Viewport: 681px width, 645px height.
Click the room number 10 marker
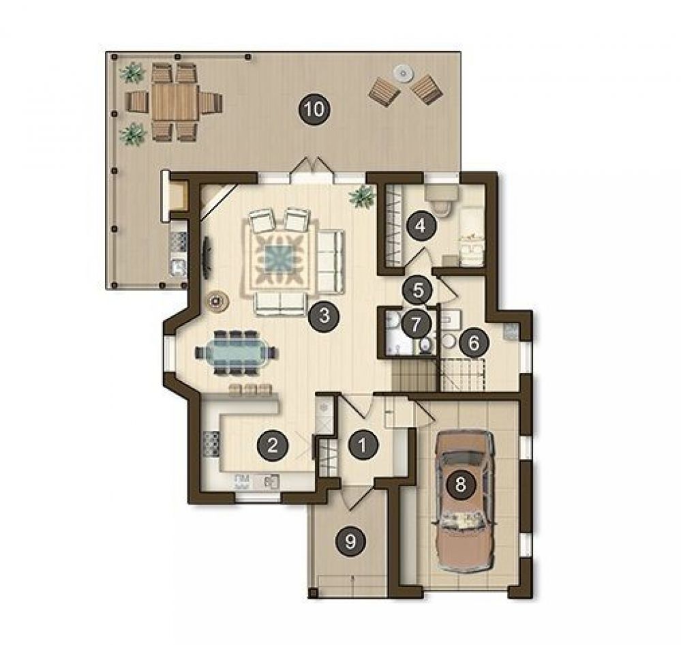point(315,109)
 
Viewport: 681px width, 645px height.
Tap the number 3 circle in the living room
point(324,315)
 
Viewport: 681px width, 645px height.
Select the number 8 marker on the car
point(460,483)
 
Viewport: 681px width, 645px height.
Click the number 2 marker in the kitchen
point(272,445)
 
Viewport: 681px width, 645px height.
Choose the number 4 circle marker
point(420,226)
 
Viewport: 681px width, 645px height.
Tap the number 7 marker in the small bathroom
point(416,324)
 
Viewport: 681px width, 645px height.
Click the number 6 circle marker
point(473,344)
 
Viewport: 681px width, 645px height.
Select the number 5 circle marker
point(417,290)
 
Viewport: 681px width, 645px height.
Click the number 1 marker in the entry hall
point(363,445)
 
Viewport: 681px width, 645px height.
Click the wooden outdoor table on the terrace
point(175,102)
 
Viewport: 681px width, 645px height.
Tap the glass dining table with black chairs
point(235,352)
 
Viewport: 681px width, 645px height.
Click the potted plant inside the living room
point(362,197)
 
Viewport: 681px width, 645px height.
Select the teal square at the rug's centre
point(279,259)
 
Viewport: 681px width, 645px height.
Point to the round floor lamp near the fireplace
point(217,301)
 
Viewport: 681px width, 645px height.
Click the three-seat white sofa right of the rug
point(330,262)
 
